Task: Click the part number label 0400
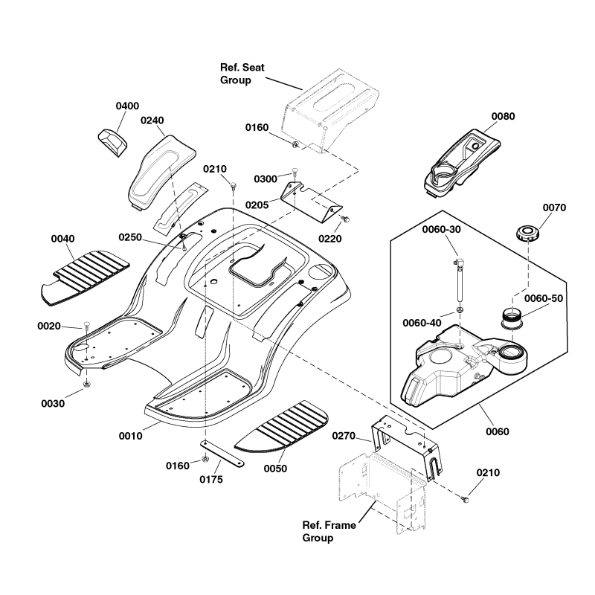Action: point(127,106)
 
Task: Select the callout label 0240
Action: point(152,120)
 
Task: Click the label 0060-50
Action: point(544,298)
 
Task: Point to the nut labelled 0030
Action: point(87,385)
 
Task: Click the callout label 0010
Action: point(129,436)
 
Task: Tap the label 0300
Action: point(265,179)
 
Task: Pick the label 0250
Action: point(130,237)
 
